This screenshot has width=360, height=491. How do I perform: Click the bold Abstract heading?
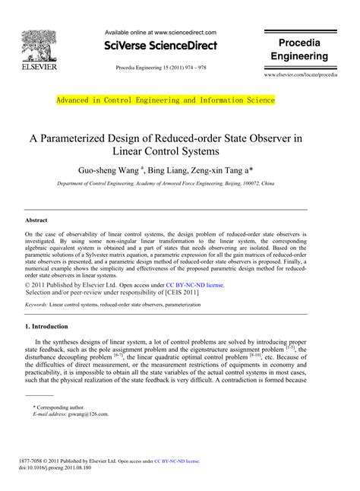[x=37, y=220]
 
